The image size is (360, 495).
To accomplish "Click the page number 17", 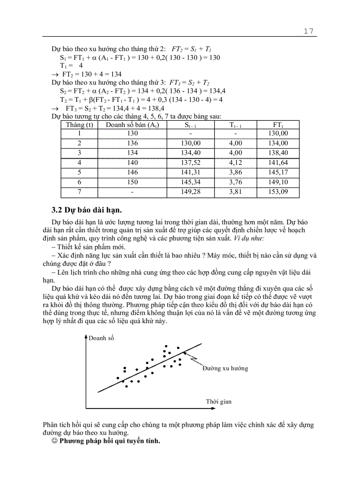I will coord(308,31).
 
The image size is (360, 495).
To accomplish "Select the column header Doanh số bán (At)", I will coord(132,125).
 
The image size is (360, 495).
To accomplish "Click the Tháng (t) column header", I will coord(79,125).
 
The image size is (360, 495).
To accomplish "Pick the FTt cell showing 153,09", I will coord(278,192).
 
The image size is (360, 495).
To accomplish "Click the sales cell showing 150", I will coord(132,182).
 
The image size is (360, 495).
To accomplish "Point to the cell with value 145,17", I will coord(278,172).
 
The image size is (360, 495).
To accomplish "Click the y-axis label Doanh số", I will coord(101,338).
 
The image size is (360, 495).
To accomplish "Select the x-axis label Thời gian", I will coord(218,402).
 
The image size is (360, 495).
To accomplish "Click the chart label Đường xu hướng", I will coord(225,368).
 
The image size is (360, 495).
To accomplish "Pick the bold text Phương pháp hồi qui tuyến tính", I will coord(110,441).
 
